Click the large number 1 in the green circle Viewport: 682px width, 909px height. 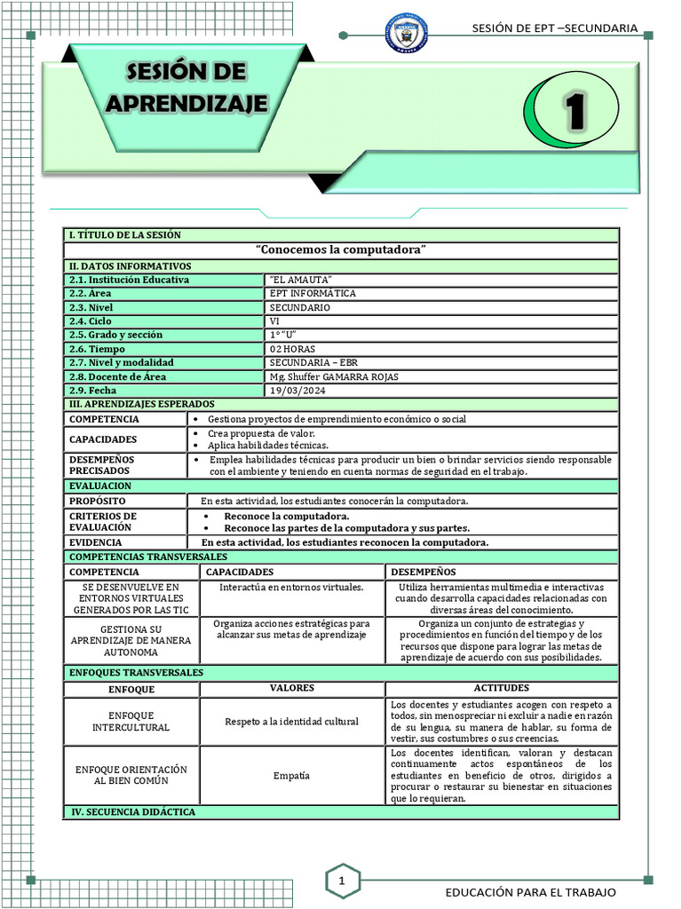[x=576, y=110]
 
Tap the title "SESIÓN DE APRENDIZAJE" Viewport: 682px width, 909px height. [x=187, y=87]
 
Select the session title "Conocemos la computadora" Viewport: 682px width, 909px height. [x=340, y=250]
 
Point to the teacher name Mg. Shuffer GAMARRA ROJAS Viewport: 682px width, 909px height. [x=334, y=376]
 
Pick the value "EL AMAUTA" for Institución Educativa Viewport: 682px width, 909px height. [x=294, y=280]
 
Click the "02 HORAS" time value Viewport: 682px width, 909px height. [x=292, y=349]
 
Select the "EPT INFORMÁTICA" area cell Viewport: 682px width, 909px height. [x=313, y=293]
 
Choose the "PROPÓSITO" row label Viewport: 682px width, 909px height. [x=98, y=502]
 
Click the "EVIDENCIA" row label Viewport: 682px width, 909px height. [x=96, y=542]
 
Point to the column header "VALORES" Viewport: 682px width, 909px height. [x=292, y=688]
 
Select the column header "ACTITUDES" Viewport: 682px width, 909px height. [x=502, y=688]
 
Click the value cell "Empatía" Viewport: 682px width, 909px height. [x=292, y=775]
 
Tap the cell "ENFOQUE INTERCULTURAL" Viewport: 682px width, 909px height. [x=131, y=721]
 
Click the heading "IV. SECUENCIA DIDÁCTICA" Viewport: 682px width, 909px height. [x=132, y=812]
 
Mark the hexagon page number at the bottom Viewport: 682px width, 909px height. [x=341, y=881]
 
